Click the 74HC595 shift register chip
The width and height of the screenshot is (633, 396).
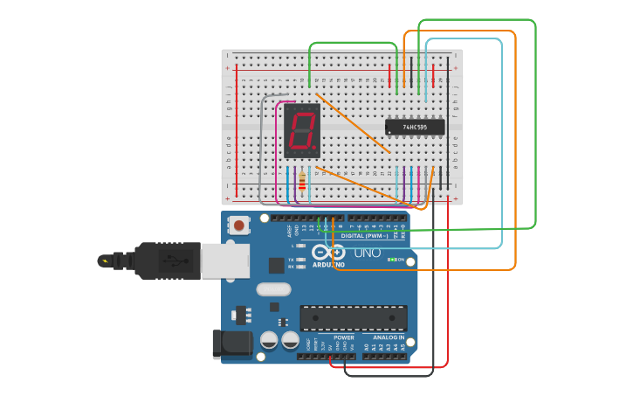click(x=415, y=127)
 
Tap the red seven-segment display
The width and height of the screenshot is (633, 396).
click(x=302, y=130)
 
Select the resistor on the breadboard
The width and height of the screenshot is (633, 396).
click(x=302, y=182)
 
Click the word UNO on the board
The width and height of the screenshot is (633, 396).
click(x=367, y=254)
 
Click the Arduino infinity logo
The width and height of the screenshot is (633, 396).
click(x=333, y=252)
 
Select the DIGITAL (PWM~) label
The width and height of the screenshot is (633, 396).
click(x=365, y=235)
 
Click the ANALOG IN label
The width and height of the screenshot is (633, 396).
click(x=389, y=337)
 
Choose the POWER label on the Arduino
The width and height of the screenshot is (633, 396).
click(x=344, y=337)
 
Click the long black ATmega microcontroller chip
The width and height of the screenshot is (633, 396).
click(x=354, y=317)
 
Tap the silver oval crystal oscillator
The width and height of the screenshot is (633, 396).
click(x=273, y=289)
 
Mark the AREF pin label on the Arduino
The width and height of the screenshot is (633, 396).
click(x=290, y=232)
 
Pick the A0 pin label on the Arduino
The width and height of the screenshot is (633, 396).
click(x=367, y=346)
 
